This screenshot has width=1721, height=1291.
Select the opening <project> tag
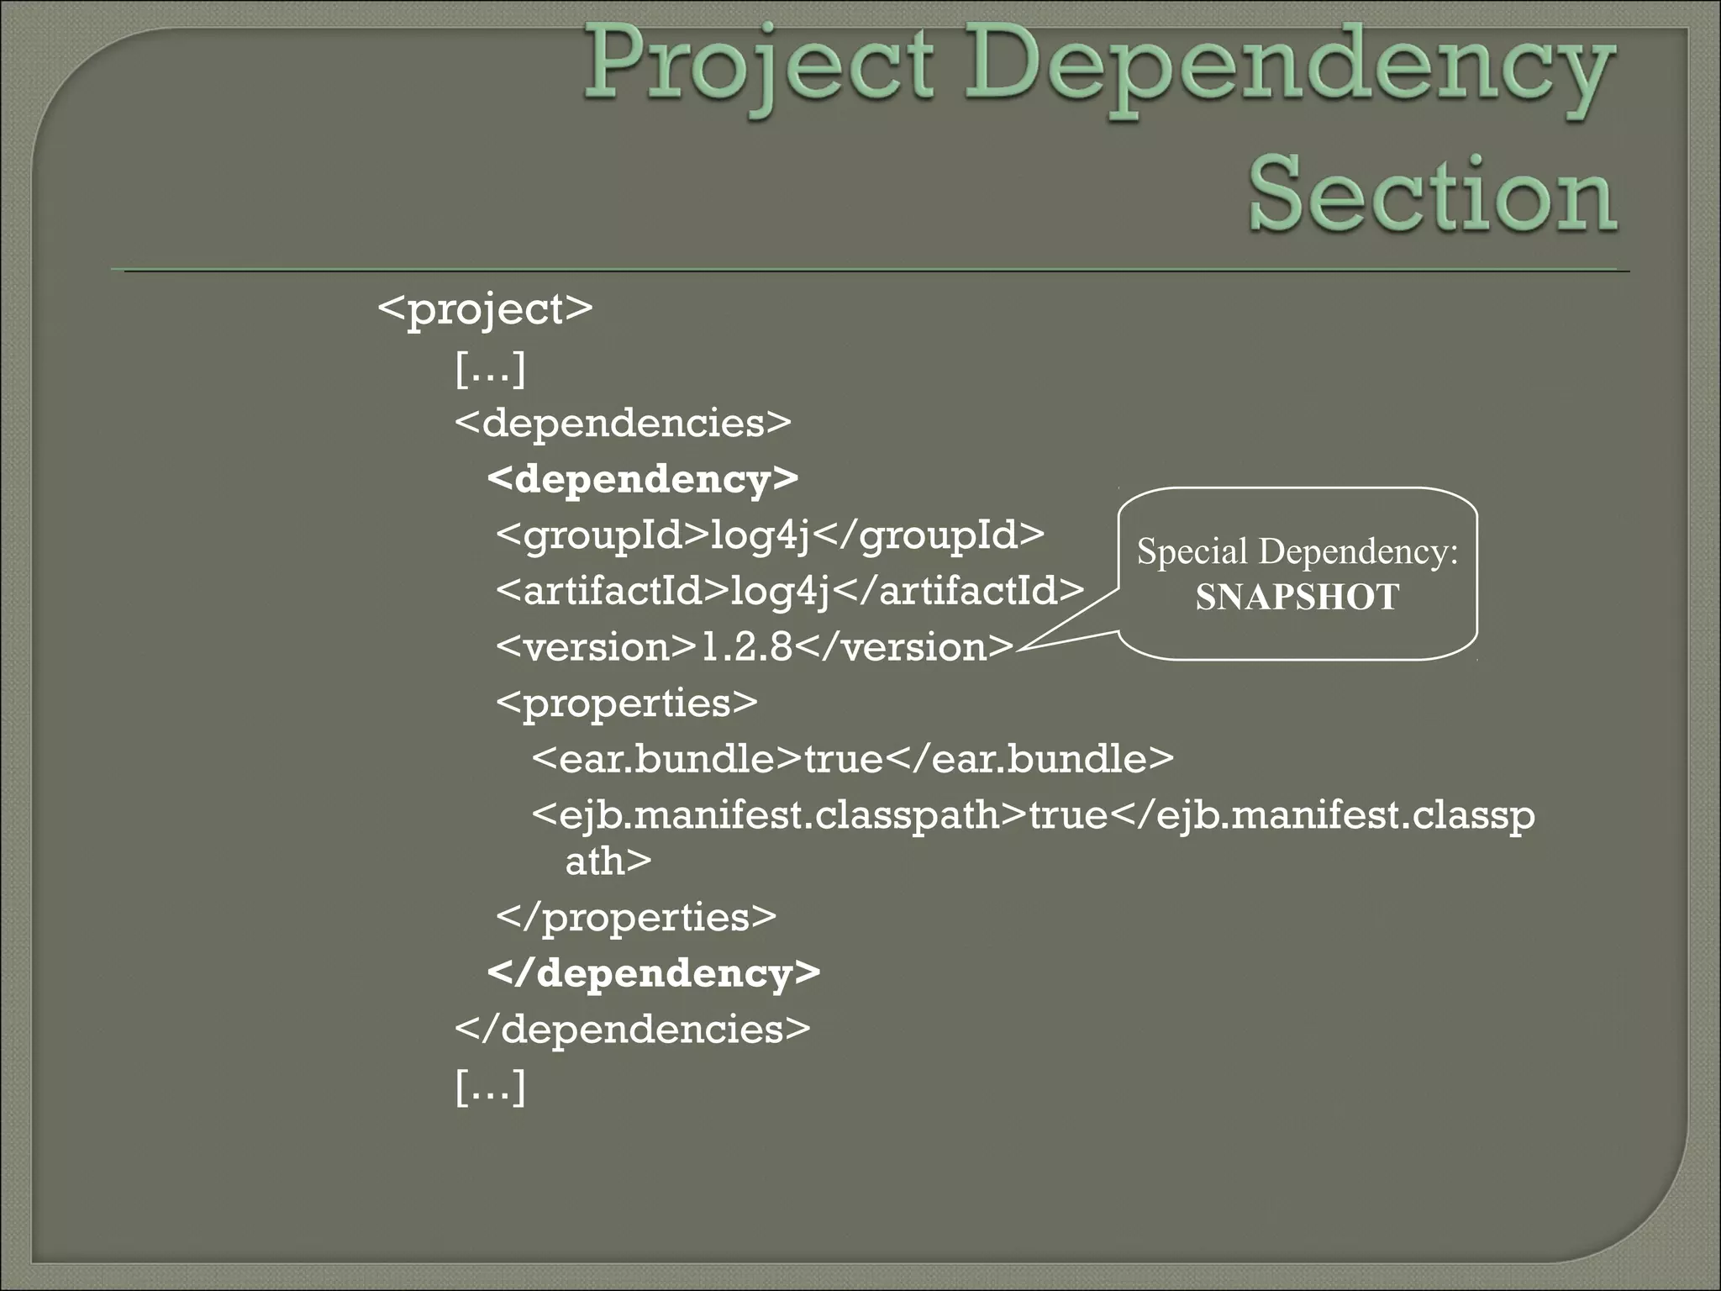[485, 309]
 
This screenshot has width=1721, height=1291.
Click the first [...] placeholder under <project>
[490, 367]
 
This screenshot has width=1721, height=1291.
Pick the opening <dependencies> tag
[623, 422]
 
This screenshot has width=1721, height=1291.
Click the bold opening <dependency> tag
[643, 479]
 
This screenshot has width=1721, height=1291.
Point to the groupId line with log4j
[770, 535]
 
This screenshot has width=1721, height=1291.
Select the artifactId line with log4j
[790, 591]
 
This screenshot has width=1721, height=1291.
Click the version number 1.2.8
[746, 647]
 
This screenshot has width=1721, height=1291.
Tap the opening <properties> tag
[627, 703]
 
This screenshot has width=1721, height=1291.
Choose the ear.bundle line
[852, 759]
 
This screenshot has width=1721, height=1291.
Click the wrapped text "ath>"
[608, 861]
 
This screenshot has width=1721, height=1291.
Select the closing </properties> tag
[636, 916]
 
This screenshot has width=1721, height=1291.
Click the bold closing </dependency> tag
[654, 972]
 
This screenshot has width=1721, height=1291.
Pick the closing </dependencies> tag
[633, 1029]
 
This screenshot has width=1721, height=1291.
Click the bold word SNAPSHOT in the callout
[1297, 598]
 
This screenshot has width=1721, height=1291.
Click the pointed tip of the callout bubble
[1019, 649]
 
